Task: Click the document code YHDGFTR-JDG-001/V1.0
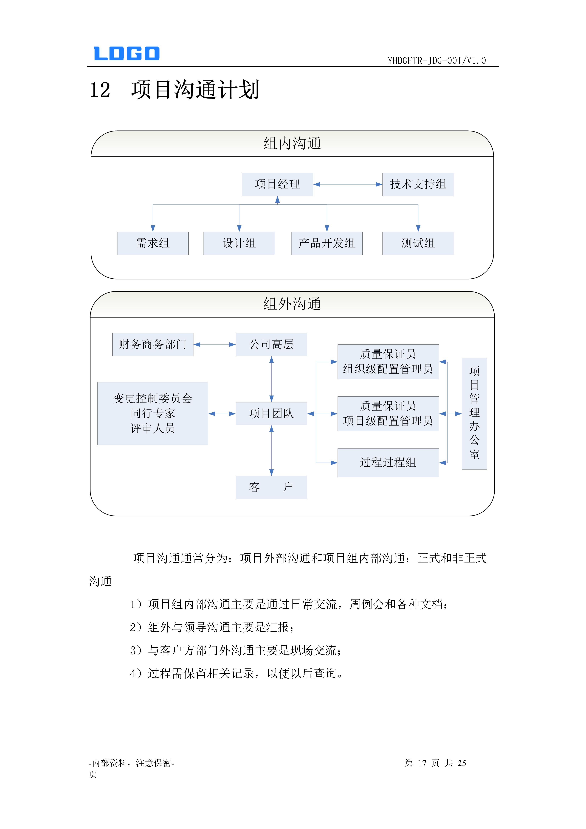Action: coord(437,61)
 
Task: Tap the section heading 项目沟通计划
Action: coord(195,90)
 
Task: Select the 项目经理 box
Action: coord(277,184)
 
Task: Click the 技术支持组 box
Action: coord(418,184)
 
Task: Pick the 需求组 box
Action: coord(153,243)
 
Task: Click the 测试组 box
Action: coord(418,243)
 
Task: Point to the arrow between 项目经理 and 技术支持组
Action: coord(348,184)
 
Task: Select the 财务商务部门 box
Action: coord(153,345)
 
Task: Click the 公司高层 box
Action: coord(271,345)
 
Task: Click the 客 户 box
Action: coord(271,488)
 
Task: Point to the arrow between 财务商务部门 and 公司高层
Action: coord(214,345)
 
